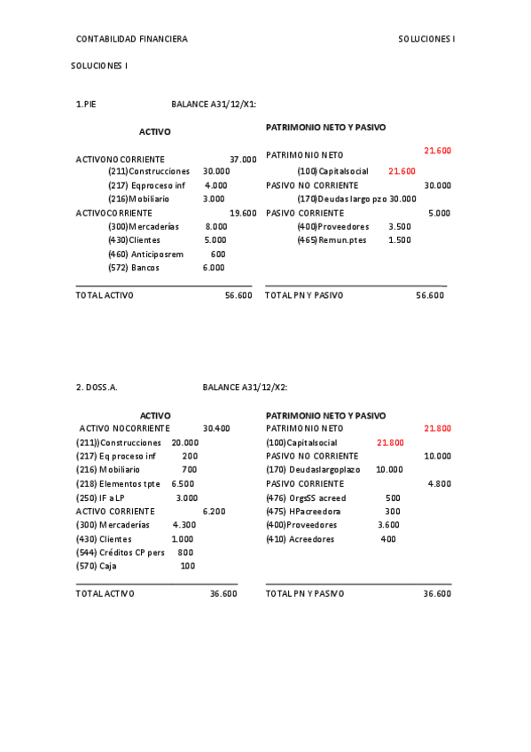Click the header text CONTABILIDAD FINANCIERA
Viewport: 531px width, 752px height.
tap(131, 39)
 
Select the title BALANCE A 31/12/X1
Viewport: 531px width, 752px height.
tap(214, 104)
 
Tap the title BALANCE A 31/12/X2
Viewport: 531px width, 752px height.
tap(245, 388)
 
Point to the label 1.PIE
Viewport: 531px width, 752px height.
tap(86, 104)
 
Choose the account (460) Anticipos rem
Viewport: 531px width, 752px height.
tap(145, 254)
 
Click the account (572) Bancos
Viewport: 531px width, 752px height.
tap(134, 268)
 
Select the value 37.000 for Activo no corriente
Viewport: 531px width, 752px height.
tap(243, 160)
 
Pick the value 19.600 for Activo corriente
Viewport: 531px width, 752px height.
tap(243, 213)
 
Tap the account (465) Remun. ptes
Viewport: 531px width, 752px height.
tap(332, 240)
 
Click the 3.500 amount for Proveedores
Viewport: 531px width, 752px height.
tap(400, 226)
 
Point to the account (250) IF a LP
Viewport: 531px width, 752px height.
tap(101, 497)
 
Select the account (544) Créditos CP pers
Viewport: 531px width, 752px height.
tap(121, 552)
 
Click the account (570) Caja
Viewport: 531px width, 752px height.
tap(97, 566)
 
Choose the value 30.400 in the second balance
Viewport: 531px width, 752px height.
tap(216, 428)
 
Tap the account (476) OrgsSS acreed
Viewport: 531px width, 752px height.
tap(306, 497)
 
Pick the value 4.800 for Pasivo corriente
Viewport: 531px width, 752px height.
tap(439, 483)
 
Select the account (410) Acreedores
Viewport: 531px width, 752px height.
tap(301, 538)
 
